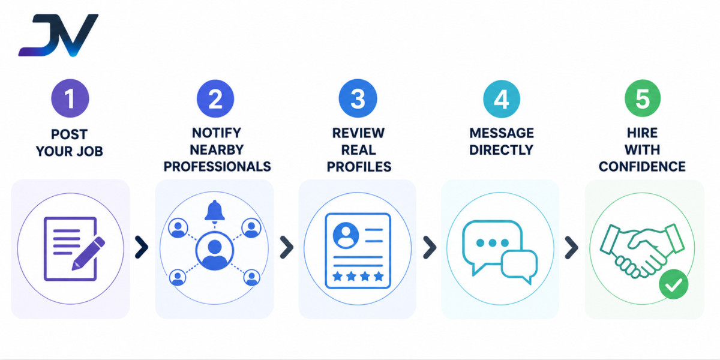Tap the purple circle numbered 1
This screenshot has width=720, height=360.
pyautogui.click(x=70, y=98)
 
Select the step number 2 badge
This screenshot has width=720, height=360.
pyautogui.click(x=215, y=98)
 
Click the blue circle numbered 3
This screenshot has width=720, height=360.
pyautogui.click(x=358, y=98)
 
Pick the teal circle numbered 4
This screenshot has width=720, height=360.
pyautogui.click(x=502, y=98)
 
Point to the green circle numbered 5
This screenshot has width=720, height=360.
pyautogui.click(x=643, y=98)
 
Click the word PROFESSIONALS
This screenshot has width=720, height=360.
pyautogui.click(x=217, y=167)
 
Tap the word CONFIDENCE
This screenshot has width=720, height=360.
pyautogui.click(x=642, y=167)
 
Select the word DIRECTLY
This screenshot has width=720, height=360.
pyautogui.click(x=502, y=150)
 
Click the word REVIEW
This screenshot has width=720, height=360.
pyautogui.click(x=358, y=133)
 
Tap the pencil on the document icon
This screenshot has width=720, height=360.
pyautogui.click(x=88, y=254)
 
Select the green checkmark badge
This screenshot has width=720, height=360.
pyautogui.click(x=673, y=284)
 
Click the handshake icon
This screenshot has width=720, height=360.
pyautogui.click(x=642, y=251)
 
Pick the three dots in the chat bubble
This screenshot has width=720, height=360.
pyautogui.click(x=493, y=242)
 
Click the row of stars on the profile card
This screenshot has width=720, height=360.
pyautogui.click(x=358, y=276)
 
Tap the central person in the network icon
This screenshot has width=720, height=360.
pyautogui.click(x=215, y=251)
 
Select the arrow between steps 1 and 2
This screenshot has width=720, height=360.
pyautogui.click(x=142, y=247)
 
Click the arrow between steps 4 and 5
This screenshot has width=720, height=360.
pyautogui.click(x=572, y=247)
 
